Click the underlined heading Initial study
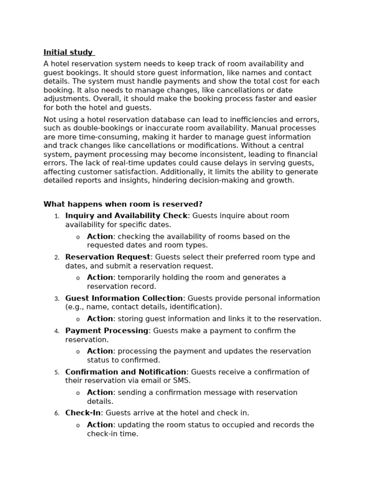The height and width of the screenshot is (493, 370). click(x=68, y=52)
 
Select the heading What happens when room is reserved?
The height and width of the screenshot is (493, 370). click(x=123, y=204)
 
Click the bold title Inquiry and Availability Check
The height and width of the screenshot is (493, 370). click(x=126, y=216)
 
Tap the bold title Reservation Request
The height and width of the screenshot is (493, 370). click(x=108, y=257)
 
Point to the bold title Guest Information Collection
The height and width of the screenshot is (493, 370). click(x=124, y=298)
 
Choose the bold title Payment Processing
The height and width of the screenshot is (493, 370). click(x=106, y=331)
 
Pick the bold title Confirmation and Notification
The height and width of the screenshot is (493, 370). click(x=126, y=372)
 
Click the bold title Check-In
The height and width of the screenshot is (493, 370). click(x=83, y=413)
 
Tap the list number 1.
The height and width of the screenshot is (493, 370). click(x=56, y=216)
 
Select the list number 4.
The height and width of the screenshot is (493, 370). click(x=56, y=331)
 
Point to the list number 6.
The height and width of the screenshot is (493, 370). click(x=56, y=414)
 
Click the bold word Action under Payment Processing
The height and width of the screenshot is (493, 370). click(x=100, y=351)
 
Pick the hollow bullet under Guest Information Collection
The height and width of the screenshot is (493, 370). click(x=78, y=319)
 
